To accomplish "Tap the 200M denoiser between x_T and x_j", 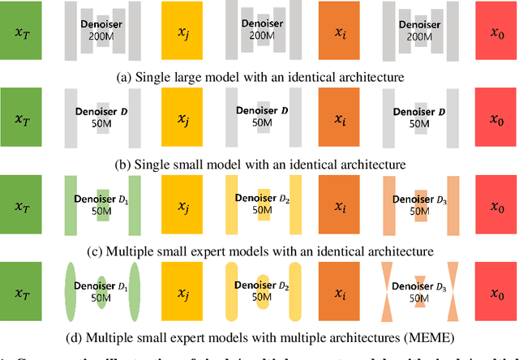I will click(101, 31).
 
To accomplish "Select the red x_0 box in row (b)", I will click(495, 119).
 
